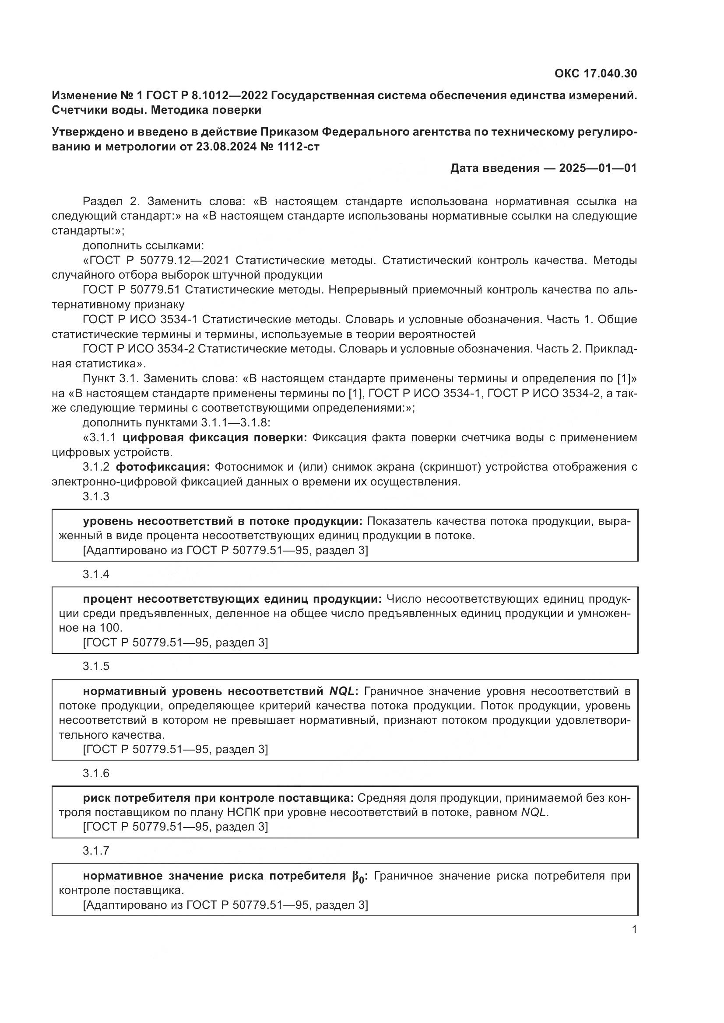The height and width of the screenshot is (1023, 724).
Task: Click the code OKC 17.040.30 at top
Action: (x=596, y=73)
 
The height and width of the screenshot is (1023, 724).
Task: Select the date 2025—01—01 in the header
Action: (x=598, y=168)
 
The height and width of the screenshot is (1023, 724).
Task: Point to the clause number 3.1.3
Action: (x=96, y=496)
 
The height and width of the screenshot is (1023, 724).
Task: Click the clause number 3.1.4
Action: (x=96, y=574)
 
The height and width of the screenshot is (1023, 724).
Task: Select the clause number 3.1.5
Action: (x=96, y=666)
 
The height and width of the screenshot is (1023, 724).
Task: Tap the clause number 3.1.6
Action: (x=96, y=773)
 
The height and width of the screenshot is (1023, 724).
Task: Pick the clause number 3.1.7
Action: (x=96, y=851)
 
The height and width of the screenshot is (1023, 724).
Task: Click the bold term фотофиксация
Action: (x=163, y=467)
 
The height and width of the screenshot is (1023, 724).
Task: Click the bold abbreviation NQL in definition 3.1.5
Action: (x=341, y=691)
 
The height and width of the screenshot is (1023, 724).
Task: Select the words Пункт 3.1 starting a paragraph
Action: (x=110, y=379)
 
